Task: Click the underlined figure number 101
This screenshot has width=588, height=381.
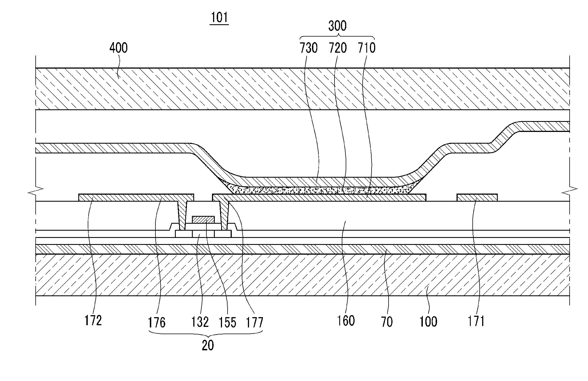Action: coord(219,18)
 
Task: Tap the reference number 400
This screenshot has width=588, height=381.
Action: coord(118,48)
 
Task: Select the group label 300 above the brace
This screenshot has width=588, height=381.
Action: coord(337,26)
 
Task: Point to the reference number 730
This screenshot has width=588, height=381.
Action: coord(309,48)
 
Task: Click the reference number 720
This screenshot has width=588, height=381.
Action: coord(338,48)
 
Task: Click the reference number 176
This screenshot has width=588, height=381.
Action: coord(157,322)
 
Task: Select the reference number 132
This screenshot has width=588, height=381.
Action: coord(200,322)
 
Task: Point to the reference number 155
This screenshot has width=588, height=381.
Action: coord(227,322)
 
